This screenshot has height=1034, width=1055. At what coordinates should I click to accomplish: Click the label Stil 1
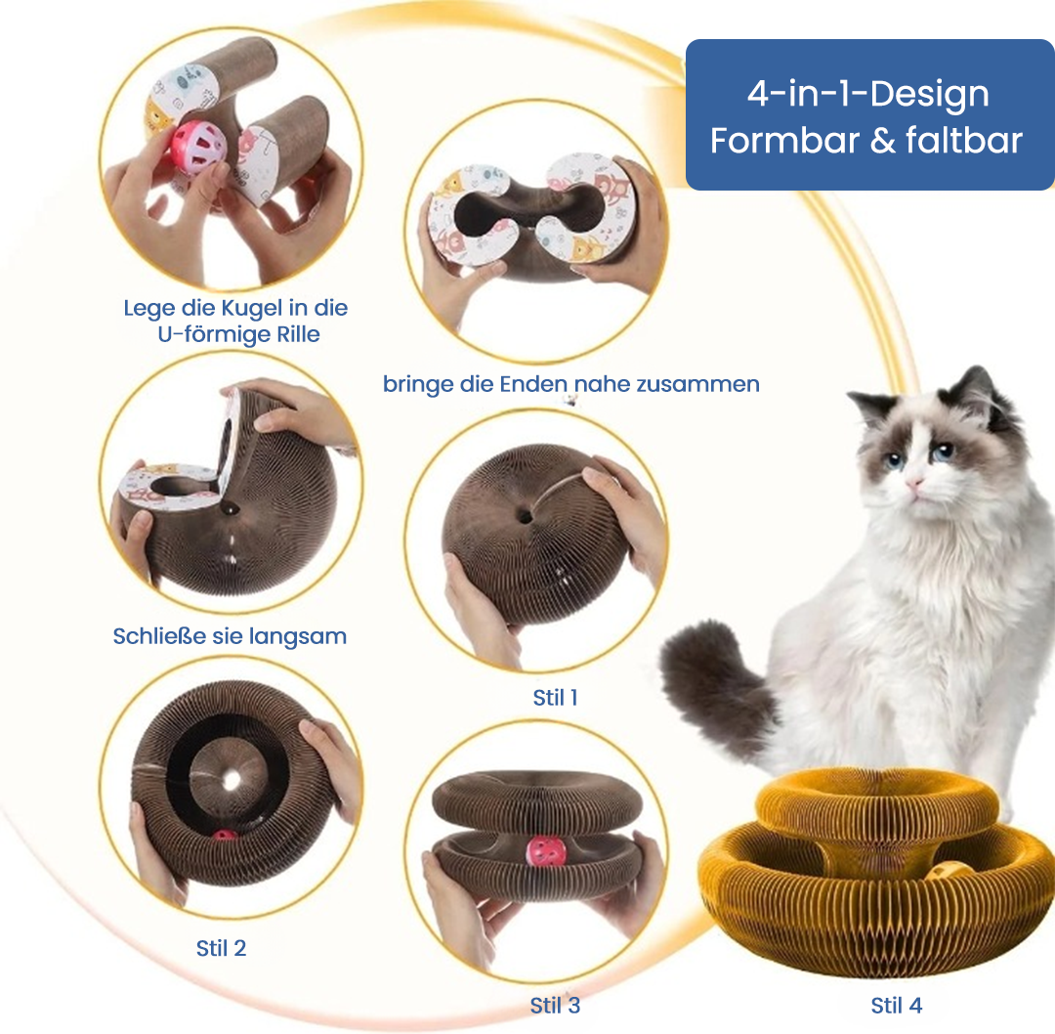pyautogui.click(x=555, y=698)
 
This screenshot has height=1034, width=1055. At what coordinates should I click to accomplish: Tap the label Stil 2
pyautogui.click(x=221, y=948)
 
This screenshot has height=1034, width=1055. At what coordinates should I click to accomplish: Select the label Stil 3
pyautogui.click(x=555, y=1005)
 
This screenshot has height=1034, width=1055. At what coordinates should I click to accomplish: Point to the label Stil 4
pyautogui.click(x=896, y=1005)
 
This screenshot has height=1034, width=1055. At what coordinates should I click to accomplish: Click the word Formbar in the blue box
pyautogui.click(x=783, y=141)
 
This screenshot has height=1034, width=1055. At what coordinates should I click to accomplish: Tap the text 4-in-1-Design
pyautogui.click(x=868, y=94)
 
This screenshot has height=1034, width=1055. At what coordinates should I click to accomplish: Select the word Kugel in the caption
pyautogui.click(x=252, y=308)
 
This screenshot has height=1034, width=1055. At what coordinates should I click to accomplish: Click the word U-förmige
pyautogui.click(x=206, y=334)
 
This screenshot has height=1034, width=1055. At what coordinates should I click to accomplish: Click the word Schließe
pyautogui.click(x=159, y=636)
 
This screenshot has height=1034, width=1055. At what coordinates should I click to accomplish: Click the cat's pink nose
pyautogui.click(x=914, y=483)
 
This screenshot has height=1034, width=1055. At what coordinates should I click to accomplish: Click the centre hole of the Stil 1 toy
pyautogui.click(x=525, y=517)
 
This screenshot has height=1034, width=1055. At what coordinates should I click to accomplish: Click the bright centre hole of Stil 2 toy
pyautogui.click(x=232, y=780)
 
